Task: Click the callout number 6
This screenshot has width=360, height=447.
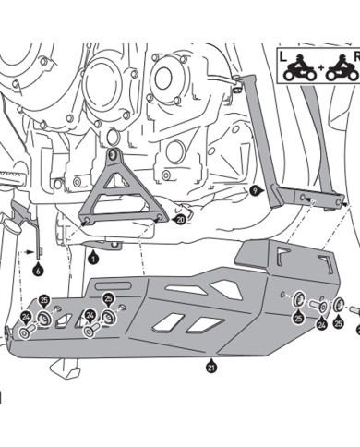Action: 38,271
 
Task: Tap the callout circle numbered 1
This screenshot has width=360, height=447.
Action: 93,259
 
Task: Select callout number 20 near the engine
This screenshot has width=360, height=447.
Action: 179,220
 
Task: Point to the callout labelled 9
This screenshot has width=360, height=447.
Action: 256,191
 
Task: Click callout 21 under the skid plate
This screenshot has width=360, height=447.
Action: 212,368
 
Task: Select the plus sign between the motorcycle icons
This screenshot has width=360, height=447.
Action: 316,68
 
